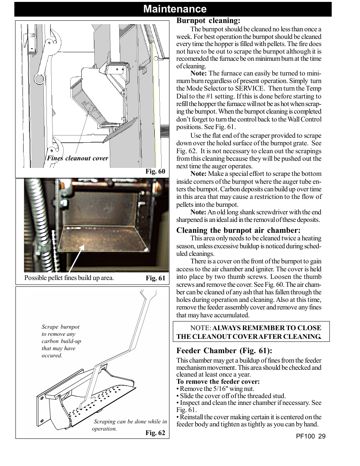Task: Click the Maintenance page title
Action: point(175,9)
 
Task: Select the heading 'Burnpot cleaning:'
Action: point(208,21)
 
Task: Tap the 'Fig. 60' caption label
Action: point(155,171)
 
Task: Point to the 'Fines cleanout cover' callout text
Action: point(77,158)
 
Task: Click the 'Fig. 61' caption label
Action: point(155,278)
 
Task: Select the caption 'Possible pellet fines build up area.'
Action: point(69,278)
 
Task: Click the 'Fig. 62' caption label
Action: point(155,433)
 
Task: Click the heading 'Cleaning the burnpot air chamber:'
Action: point(238,231)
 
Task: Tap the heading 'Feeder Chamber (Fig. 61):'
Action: point(224,351)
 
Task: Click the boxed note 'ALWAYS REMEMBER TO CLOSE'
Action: point(251,332)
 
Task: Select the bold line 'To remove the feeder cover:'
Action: point(218,381)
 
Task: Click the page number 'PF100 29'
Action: point(311,436)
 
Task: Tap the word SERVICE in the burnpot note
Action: point(249,89)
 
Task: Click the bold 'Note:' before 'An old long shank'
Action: point(198,212)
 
